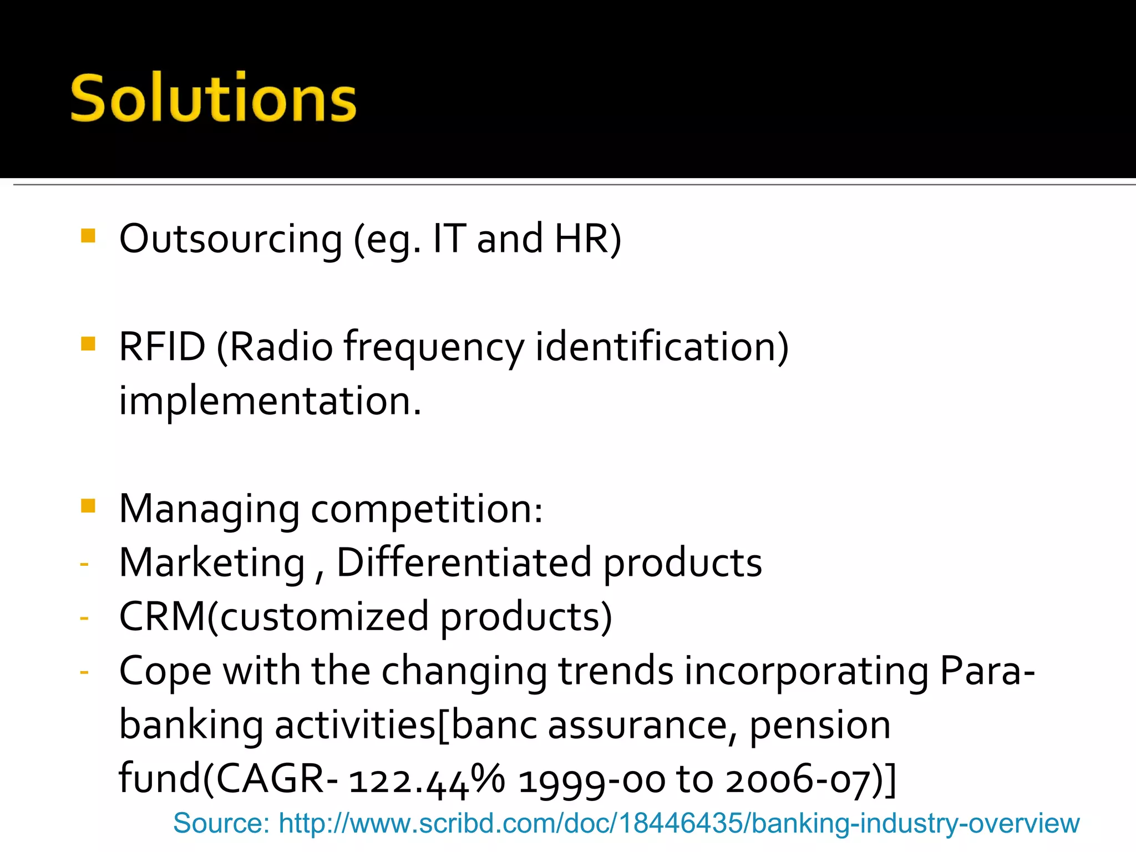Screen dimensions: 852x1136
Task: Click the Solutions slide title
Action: tap(213, 98)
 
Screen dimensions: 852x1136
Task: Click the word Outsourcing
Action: tap(231, 239)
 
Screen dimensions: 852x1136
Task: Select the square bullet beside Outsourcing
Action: tap(88, 236)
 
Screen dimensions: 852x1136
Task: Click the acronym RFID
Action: tap(162, 347)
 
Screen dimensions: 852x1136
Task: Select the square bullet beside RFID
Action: tap(88, 344)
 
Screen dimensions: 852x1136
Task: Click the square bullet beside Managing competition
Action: tap(88, 505)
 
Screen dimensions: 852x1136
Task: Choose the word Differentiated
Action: tap(464, 562)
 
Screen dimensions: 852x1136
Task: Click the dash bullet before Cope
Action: tap(84, 672)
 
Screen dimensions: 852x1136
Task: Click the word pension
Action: tap(820, 726)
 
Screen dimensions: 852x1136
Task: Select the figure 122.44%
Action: tap(427, 779)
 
